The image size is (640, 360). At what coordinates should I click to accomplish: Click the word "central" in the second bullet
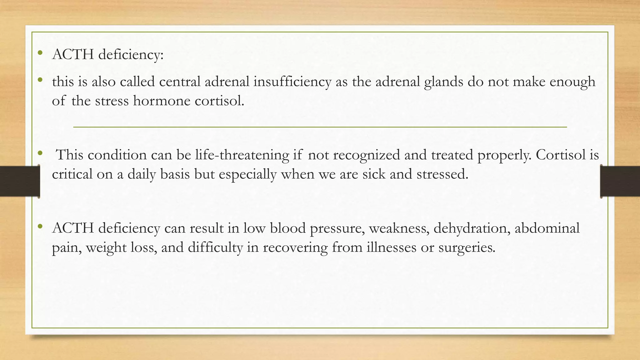pos(180,82)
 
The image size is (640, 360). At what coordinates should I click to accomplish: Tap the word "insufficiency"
pos(292,82)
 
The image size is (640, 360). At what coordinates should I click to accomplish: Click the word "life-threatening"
pos(242,155)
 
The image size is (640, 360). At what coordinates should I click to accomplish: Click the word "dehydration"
pos(472,228)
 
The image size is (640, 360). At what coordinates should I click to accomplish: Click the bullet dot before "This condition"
pos(40,153)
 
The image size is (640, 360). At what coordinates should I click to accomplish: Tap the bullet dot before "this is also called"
pos(40,80)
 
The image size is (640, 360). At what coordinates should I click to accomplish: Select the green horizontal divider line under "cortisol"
pos(320,127)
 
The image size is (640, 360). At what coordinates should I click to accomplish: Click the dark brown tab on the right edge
pos(621,181)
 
